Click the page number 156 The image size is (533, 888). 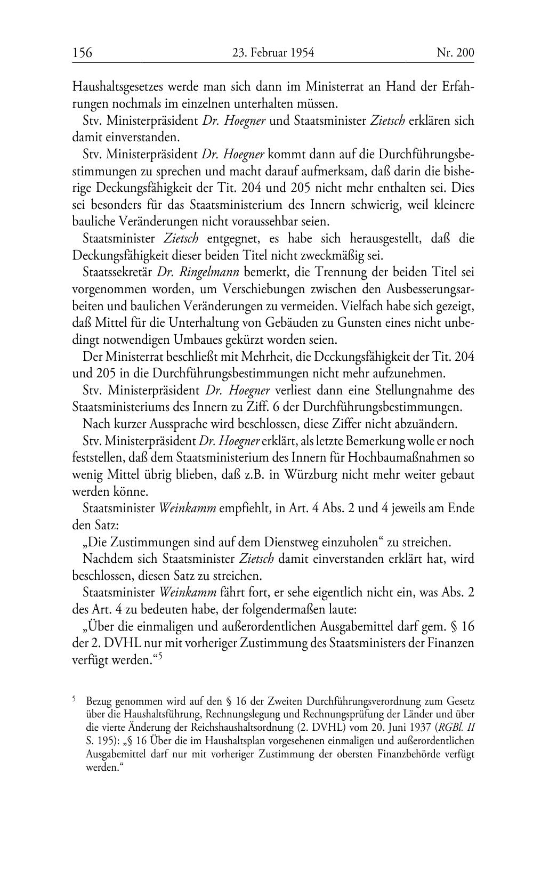(x=82, y=52)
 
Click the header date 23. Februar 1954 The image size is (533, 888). (x=273, y=52)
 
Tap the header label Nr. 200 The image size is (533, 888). (x=455, y=52)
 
